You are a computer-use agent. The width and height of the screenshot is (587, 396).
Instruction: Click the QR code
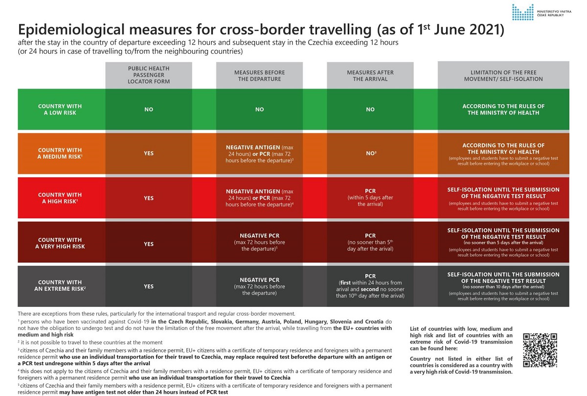[540, 350]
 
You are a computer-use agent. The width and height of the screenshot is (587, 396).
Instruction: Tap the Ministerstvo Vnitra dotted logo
[522, 12]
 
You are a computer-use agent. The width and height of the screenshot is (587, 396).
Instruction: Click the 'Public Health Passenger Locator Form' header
[149, 75]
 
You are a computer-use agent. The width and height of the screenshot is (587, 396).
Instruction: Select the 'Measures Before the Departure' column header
[259, 75]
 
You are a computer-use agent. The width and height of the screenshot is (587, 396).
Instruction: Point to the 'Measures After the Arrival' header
[370, 75]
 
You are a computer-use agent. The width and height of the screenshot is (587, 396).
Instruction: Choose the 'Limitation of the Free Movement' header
[503, 75]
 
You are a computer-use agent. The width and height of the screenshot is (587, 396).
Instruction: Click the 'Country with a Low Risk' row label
[60, 109]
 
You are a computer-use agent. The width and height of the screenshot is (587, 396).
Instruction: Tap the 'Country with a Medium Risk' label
[60, 153]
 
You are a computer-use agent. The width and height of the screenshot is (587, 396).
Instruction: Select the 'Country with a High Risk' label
[60, 198]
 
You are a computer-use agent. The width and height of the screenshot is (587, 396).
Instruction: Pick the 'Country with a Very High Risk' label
[60, 243]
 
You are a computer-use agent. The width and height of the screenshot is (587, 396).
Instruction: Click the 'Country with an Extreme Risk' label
[60, 285]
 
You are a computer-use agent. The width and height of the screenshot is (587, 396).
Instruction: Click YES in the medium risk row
[149, 153]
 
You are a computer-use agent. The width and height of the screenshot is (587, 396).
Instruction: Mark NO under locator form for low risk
[149, 109]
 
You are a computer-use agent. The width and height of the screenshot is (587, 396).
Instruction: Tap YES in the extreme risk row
[149, 286]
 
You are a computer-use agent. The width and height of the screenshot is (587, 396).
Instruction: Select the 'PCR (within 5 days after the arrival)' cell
[370, 197]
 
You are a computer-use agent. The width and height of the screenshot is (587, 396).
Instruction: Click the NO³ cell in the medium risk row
[371, 153]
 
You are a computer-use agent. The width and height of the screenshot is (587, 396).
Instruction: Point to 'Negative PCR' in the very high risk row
[259, 235]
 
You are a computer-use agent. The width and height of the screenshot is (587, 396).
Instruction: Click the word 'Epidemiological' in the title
[71, 30]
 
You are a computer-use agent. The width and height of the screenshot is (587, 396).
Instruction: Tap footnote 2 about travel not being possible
[90, 342]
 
